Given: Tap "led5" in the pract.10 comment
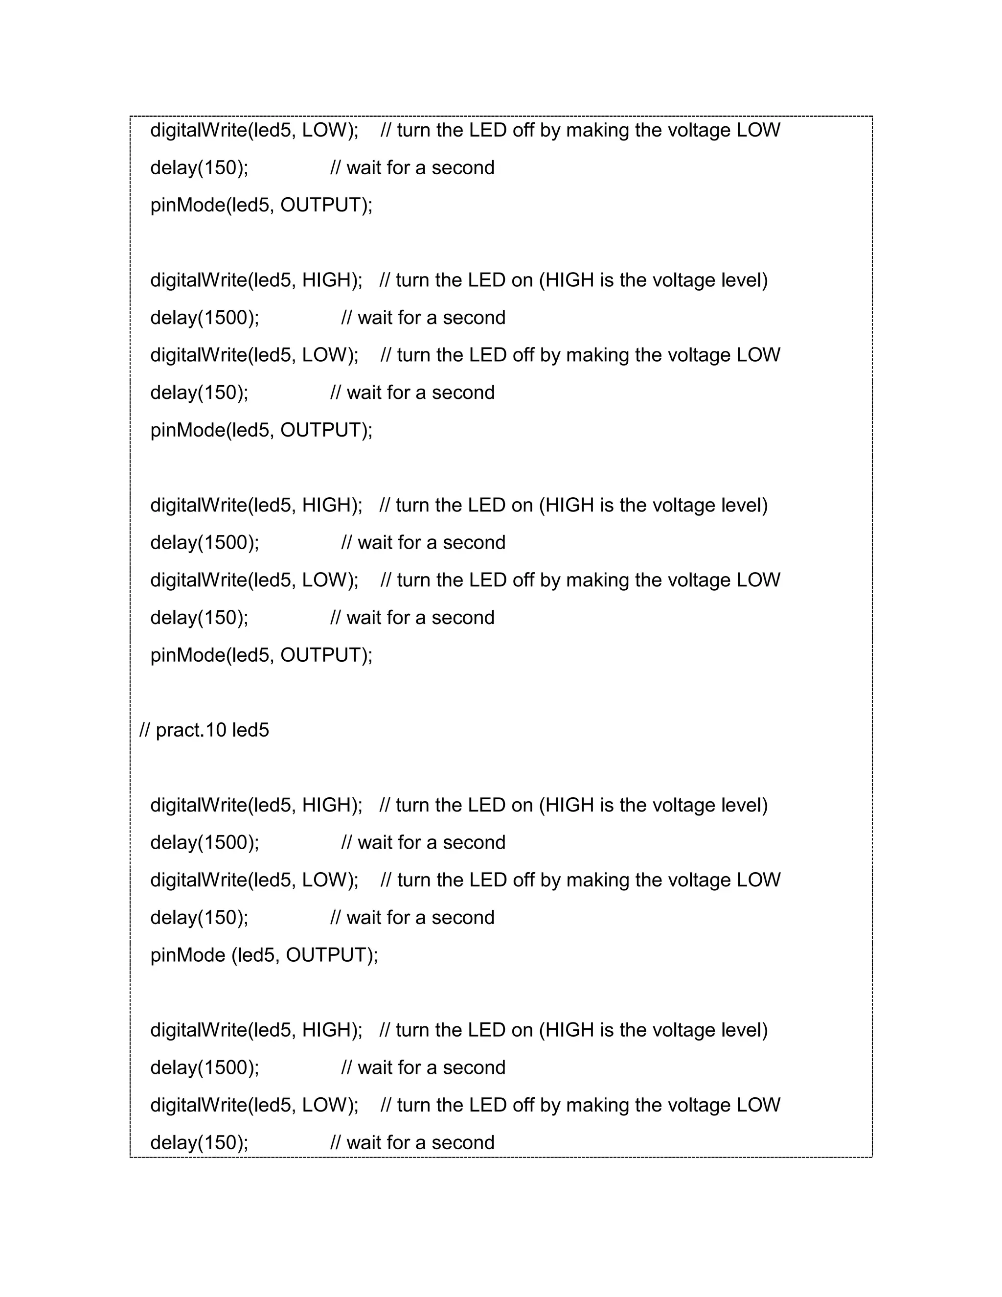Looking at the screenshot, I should click(x=250, y=730).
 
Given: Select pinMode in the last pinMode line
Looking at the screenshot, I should click(x=187, y=955).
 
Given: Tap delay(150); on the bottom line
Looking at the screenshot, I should click(x=199, y=1143).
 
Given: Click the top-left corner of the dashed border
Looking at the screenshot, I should click(x=131, y=117).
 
